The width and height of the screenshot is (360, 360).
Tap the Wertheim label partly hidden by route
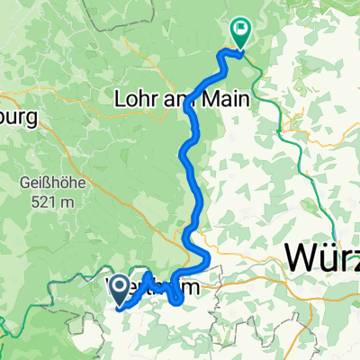click(x=157, y=289)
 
